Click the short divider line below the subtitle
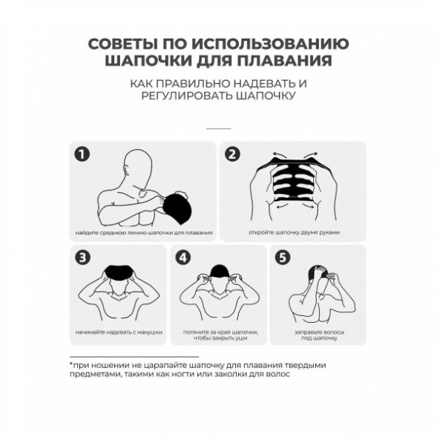pyautogui.click(x=218, y=128)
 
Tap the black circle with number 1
pyautogui.click(x=83, y=155)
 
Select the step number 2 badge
pyautogui.click(x=234, y=155)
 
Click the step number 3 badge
pyautogui.click(x=83, y=257)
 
